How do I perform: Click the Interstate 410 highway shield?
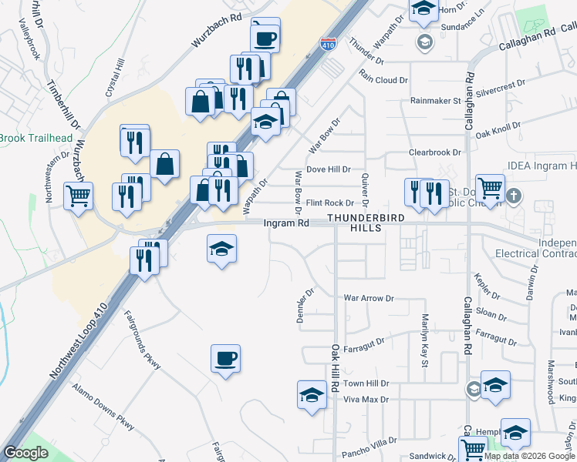point(329,45)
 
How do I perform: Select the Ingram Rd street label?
point(286,223)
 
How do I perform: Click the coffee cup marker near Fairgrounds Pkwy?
point(225,359)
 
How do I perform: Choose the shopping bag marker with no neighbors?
point(165,164)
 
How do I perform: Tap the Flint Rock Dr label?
point(329,203)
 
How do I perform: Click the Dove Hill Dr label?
point(329,169)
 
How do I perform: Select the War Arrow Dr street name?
point(369,298)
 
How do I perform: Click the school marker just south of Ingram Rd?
point(221,249)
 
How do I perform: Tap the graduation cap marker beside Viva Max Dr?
point(312,396)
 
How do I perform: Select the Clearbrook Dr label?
point(435,153)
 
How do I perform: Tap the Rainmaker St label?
point(435,101)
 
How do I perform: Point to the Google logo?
point(26,453)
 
